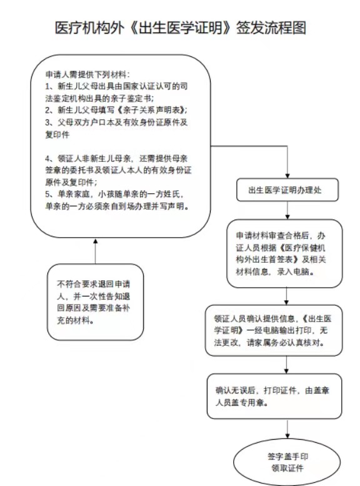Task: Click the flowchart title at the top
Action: pos(180,28)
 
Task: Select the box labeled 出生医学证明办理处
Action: pos(287,190)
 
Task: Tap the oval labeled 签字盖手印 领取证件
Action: pos(287,462)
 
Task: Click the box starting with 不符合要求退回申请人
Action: pos(96,302)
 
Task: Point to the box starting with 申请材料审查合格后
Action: pos(284,253)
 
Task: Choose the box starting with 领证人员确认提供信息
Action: pos(274,330)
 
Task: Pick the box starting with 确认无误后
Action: pos(274,397)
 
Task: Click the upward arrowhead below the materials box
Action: pos(96,241)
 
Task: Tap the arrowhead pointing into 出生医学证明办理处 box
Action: pos(287,176)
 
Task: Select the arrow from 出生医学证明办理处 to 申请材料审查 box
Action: pos(287,210)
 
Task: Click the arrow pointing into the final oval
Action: pos(287,429)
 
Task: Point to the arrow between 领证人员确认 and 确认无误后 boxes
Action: pos(286,365)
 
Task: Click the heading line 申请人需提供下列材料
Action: pos(87,74)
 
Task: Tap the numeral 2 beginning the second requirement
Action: pos(47,110)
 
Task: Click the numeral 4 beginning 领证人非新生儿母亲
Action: pos(47,159)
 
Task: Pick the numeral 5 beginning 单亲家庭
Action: pos(47,195)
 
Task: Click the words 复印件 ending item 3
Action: pos(57,134)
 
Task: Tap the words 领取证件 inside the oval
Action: pos(287,468)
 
